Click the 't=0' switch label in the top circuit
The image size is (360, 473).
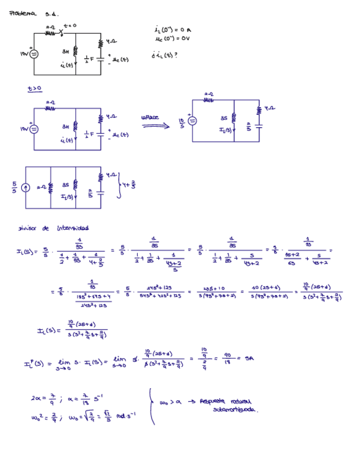tap(70, 26)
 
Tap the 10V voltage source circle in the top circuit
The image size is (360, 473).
tap(34, 54)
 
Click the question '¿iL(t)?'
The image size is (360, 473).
tap(164, 55)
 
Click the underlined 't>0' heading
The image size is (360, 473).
tap(35, 88)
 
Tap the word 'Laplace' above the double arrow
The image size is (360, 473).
tap(150, 117)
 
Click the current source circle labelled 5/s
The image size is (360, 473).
tap(25, 187)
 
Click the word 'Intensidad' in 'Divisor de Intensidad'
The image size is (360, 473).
tap(73, 228)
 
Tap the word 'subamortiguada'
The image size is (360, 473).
tap(236, 409)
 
